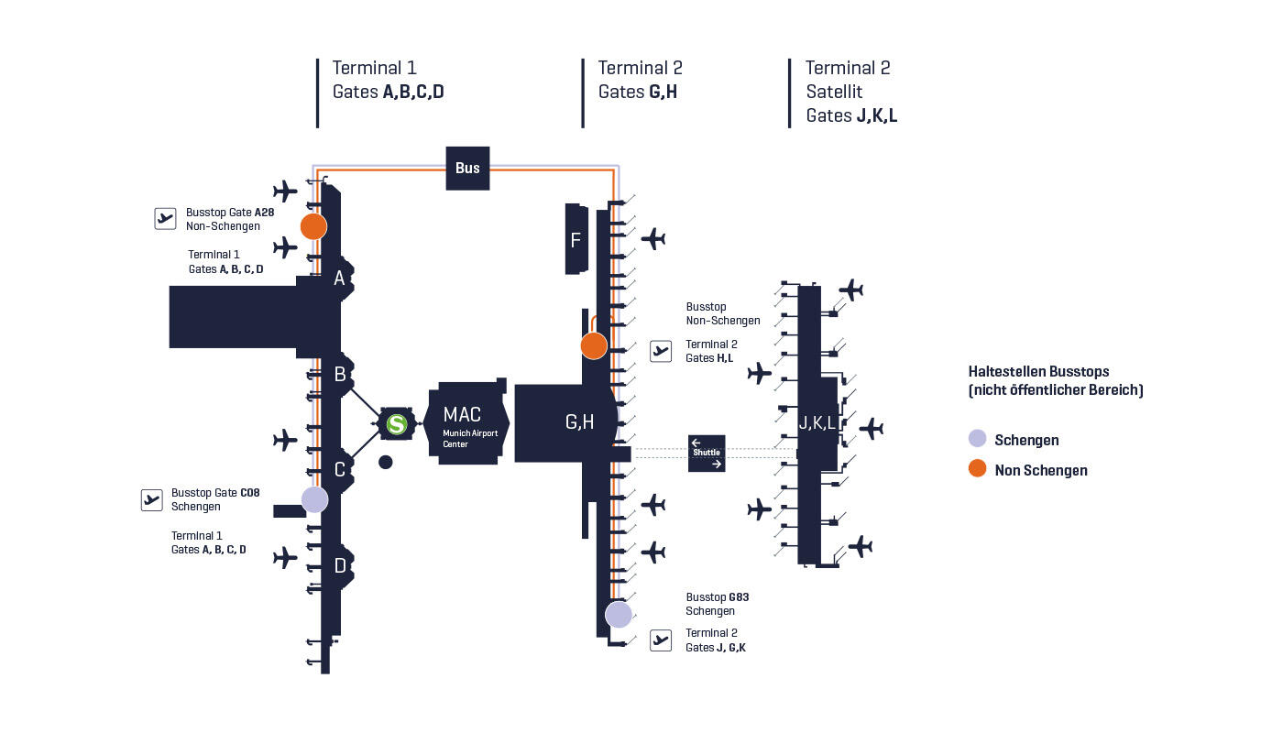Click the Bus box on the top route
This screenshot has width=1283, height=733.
point(467,168)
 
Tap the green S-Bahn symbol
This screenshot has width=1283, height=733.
point(396,424)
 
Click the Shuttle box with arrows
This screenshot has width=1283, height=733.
point(707,454)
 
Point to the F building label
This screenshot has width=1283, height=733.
point(576,240)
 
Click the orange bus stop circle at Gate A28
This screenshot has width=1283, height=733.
point(313,226)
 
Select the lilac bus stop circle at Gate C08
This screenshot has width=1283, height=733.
point(314,499)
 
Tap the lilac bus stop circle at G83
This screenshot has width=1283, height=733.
point(619,614)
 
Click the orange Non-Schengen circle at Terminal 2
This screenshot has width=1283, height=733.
point(594,345)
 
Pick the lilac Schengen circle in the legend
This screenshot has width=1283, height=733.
point(978,440)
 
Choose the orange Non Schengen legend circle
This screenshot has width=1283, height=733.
point(978,469)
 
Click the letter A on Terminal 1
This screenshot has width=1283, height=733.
point(339,279)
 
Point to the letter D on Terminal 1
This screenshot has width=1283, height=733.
point(340,566)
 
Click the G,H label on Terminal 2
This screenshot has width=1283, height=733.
point(579,421)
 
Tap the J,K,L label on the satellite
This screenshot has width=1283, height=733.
point(817,423)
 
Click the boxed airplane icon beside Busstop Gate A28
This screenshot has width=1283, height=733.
point(165,218)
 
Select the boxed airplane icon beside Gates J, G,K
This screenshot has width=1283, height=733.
point(661,640)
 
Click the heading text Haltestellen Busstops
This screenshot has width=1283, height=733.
point(1038,372)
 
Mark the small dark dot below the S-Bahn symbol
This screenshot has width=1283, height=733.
point(386,463)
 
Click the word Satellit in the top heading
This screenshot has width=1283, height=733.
point(834,92)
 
